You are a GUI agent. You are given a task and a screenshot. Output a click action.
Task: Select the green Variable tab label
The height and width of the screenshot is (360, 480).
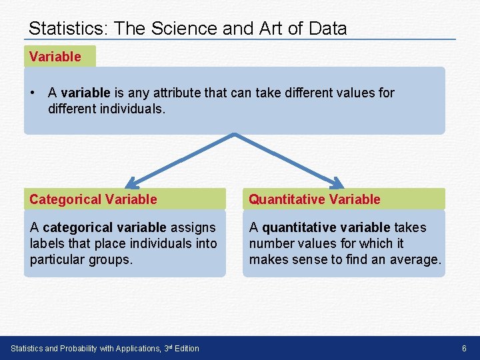(55, 57)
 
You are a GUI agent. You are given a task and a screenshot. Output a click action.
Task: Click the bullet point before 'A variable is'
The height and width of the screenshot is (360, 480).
(33, 93)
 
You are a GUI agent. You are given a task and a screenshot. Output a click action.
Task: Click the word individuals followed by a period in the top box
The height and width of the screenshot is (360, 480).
(131, 108)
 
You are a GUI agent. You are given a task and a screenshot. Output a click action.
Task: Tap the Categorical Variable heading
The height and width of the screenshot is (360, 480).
(93, 199)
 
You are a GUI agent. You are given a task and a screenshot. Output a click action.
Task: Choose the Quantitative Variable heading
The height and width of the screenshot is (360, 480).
(315, 199)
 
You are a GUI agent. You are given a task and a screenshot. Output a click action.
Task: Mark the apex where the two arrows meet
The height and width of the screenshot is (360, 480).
(235, 135)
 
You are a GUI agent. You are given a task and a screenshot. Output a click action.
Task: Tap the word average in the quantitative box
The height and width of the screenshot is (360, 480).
(415, 259)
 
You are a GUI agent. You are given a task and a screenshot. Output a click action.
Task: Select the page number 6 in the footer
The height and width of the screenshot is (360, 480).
(464, 349)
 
